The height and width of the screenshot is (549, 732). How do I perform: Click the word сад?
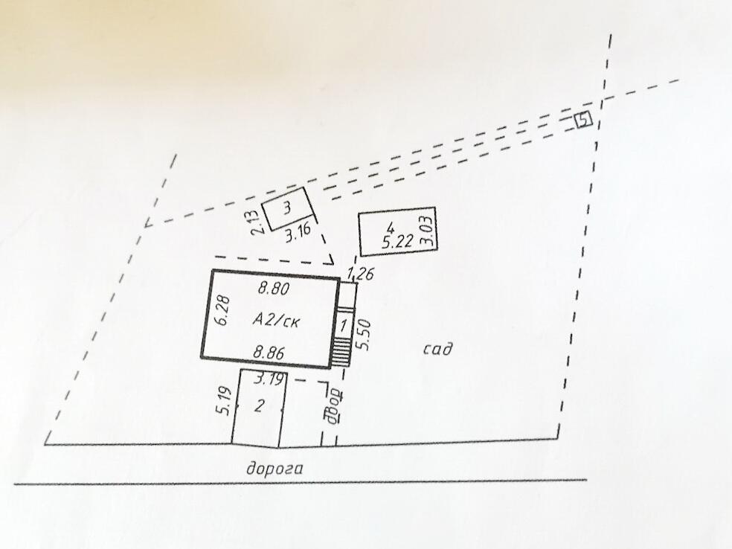439,349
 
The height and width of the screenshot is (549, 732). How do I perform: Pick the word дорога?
277,469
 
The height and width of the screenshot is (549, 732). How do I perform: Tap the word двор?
333,404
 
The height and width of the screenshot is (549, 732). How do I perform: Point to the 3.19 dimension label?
269,380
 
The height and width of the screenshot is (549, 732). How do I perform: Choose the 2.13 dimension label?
254,222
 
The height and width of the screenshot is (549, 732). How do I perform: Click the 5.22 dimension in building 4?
396,242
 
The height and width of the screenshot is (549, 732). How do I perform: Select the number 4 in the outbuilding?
390,227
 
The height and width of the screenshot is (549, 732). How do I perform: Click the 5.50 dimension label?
363,336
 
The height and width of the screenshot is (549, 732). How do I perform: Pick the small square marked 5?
584,119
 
